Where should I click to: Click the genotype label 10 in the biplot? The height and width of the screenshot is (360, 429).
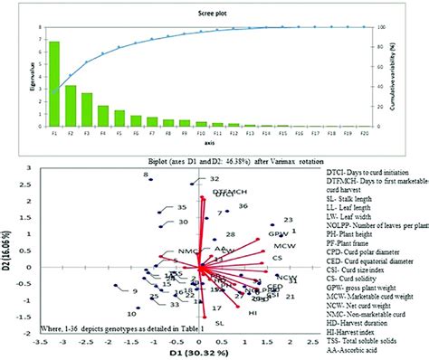click(x=132, y=313)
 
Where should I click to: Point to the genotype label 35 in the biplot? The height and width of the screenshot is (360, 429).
click(x=181, y=207)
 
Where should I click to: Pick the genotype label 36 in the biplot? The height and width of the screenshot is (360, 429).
click(x=243, y=206)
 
